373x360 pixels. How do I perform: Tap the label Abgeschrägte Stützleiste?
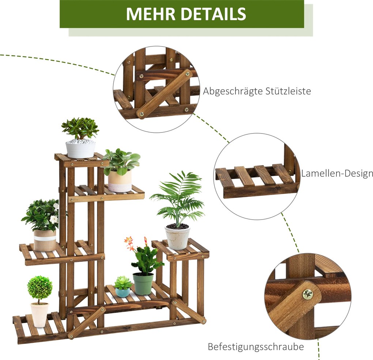click(x=257, y=91)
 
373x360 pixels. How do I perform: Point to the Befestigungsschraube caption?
click(x=256, y=347)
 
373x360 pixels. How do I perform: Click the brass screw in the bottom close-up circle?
click(x=308, y=295)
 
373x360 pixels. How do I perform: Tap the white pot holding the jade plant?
click(x=80, y=149)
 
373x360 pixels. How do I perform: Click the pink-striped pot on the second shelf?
click(x=120, y=181)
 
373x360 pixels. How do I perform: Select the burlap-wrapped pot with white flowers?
click(x=45, y=240)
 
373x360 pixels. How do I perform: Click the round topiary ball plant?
click(x=39, y=287)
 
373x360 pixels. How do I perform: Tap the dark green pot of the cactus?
click(x=143, y=284)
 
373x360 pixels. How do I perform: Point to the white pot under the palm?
click(x=177, y=237)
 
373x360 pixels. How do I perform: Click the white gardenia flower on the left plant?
click(x=54, y=219)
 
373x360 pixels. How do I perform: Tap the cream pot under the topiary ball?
click(x=39, y=315)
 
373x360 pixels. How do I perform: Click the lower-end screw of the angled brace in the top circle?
click(x=142, y=114)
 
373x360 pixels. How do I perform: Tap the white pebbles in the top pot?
click(x=80, y=141)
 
